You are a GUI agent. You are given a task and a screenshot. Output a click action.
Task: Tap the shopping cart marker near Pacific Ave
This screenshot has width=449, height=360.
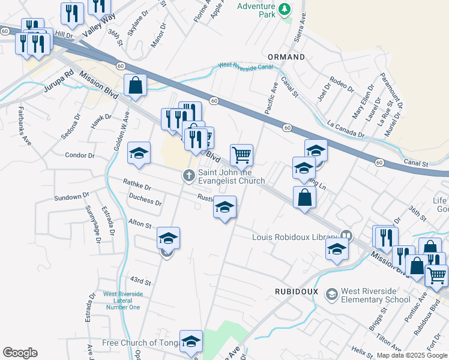(241, 155)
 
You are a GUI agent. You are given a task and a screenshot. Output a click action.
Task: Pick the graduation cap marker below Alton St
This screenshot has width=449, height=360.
(169, 238)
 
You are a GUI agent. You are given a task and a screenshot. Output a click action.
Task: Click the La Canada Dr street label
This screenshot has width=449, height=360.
(346, 130)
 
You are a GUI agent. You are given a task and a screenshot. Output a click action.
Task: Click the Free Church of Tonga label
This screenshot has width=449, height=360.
(140, 343)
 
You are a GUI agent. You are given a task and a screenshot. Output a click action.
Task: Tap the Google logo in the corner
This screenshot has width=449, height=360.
(20, 353)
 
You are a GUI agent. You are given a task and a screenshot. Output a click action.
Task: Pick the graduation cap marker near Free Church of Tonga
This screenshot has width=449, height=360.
(191, 341)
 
